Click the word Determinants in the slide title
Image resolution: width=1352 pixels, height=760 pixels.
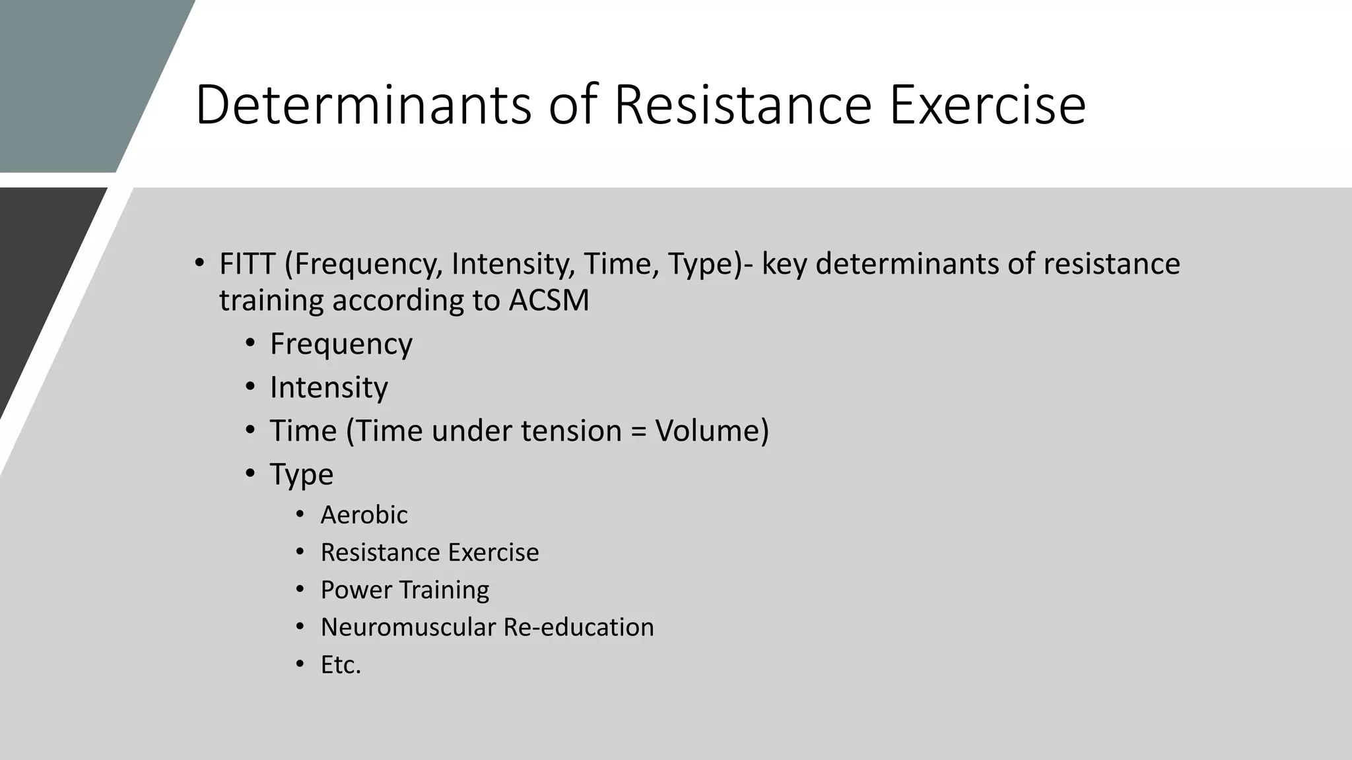pyautogui.click(x=364, y=105)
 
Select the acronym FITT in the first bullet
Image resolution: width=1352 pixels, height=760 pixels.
pyautogui.click(x=247, y=264)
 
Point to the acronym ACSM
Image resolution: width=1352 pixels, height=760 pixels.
pyautogui.click(x=549, y=301)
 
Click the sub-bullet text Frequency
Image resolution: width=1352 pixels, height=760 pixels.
pyautogui.click(x=341, y=344)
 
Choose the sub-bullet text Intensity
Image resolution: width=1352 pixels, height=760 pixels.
pyautogui.click(x=329, y=387)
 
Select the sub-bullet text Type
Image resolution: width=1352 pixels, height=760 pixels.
pyautogui.click(x=302, y=475)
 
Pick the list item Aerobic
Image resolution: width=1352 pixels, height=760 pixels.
pyautogui.click(x=364, y=515)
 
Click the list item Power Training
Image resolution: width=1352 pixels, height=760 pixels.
pyautogui.click(x=405, y=590)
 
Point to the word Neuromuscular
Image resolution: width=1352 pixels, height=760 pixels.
pyautogui.click(x=408, y=627)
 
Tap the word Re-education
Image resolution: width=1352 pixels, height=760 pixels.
pyautogui.click(x=578, y=627)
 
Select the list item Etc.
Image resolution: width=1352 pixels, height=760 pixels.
pyautogui.click(x=341, y=665)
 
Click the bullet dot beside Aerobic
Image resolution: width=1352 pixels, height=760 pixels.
pyautogui.click(x=300, y=514)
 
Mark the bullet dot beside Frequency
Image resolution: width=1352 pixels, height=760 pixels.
pyautogui.click(x=250, y=344)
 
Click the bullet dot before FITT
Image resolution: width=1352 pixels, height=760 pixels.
pyautogui.click(x=199, y=263)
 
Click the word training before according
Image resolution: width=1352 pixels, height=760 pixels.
pyautogui.click(x=271, y=301)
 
